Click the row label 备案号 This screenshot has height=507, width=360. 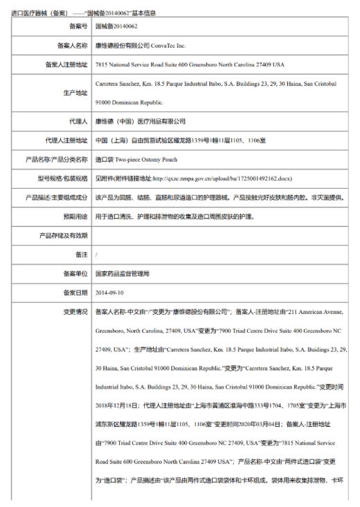75,26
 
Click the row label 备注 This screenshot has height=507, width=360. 80,255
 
